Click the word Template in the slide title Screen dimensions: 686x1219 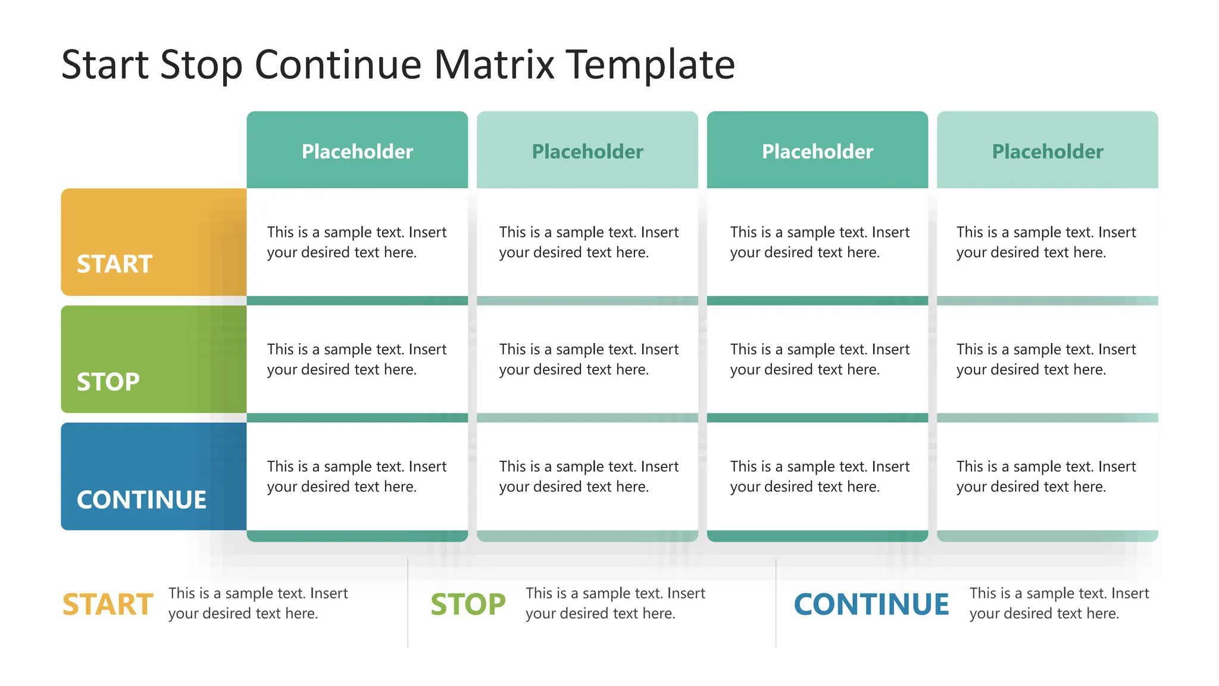click(650, 64)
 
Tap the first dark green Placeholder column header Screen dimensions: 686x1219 click(357, 151)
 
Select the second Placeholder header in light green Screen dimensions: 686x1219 click(587, 151)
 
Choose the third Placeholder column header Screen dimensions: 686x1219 click(817, 151)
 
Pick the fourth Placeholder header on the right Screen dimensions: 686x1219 click(1047, 151)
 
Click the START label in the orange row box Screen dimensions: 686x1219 click(114, 264)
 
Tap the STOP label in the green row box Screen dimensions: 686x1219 click(108, 382)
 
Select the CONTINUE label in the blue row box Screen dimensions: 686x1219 click(142, 500)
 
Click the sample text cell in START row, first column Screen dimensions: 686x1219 click(356, 242)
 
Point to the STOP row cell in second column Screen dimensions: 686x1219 click(588, 359)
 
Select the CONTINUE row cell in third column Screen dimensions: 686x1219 click(819, 476)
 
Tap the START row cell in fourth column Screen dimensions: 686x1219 click(1045, 242)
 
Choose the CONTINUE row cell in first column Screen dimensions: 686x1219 click(356, 476)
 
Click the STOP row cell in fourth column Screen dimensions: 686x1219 click(1045, 359)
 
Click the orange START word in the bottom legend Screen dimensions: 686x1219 click(108, 604)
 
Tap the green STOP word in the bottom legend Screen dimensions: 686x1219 click(468, 604)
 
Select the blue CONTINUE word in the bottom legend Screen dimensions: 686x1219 click(871, 604)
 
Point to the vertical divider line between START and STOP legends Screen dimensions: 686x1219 click(408, 603)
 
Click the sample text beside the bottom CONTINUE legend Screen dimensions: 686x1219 click(1058, 603)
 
